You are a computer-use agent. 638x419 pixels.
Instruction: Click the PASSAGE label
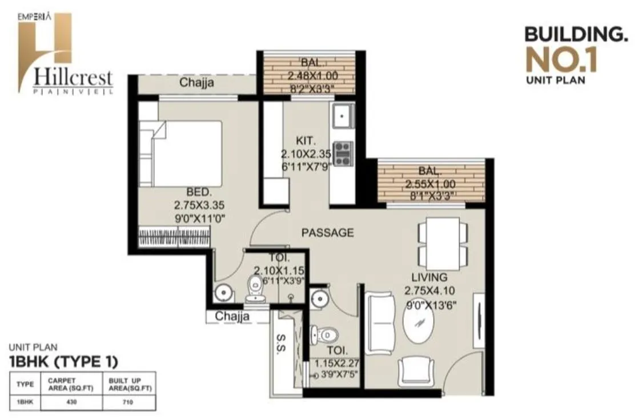coord(327,233)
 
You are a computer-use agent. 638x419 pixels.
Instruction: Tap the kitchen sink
coord(343,117)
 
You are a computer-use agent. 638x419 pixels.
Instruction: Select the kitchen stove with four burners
coord(343,154)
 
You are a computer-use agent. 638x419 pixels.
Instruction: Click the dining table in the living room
coord(443,244)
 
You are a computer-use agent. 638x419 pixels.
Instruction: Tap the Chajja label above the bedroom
coord(196,83)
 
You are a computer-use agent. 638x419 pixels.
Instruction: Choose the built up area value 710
coord(129,402)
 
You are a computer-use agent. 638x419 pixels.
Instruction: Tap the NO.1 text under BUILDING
coord(561,61)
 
